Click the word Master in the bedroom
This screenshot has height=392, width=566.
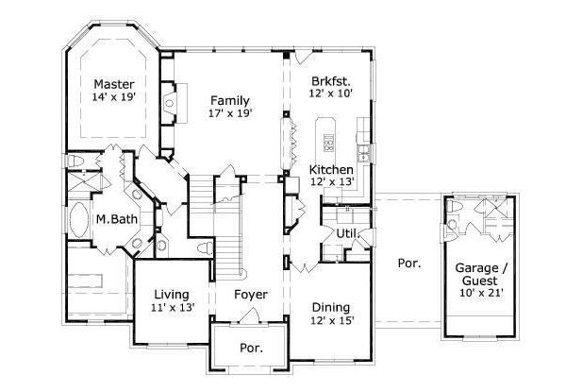coord(111,84)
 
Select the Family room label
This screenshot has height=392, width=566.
coord(229,99)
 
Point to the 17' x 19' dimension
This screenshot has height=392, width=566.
coord(229,112)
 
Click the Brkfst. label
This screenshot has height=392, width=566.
coord(331,80)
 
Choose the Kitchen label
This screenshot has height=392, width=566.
coord(332,169)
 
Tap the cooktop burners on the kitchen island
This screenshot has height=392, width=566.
coord(329,143)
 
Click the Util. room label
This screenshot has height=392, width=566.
coord(336,232)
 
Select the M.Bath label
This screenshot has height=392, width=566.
coord(112,219)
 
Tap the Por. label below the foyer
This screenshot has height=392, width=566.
coord(251,347)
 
